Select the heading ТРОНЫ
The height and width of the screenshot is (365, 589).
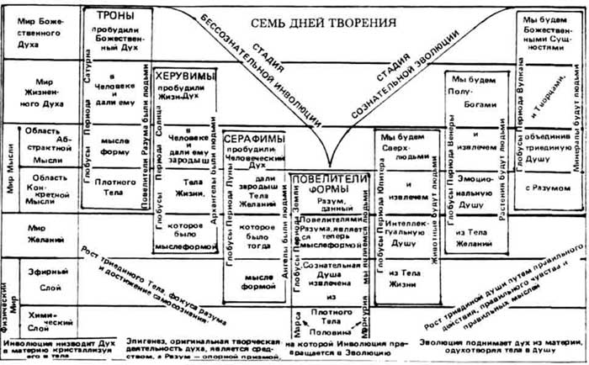pos(114,18)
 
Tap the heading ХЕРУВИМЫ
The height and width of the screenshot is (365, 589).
pos(183,73)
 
